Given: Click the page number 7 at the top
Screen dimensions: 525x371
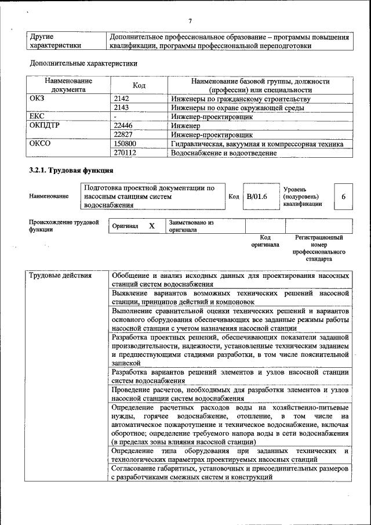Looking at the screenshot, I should tap(190, 21).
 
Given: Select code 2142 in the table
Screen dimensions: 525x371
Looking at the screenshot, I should tap(122, 99).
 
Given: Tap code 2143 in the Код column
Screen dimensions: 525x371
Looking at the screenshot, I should tap(122, 108).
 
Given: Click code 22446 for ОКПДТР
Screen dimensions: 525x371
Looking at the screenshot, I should tap(123, 126).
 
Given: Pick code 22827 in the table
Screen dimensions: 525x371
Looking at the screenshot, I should tap(123, 135).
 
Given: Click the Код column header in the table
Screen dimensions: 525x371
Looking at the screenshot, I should tap(139, 85).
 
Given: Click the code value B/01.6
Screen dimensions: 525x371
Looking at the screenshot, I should tap(257, 197).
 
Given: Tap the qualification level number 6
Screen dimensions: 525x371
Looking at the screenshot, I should tap(343, 197).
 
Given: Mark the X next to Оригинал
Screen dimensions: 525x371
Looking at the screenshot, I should tap(151, 226).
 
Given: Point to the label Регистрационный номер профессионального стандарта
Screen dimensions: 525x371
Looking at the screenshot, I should tap(319, 248).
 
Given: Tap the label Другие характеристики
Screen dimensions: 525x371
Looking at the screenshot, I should tap(55, 41).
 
